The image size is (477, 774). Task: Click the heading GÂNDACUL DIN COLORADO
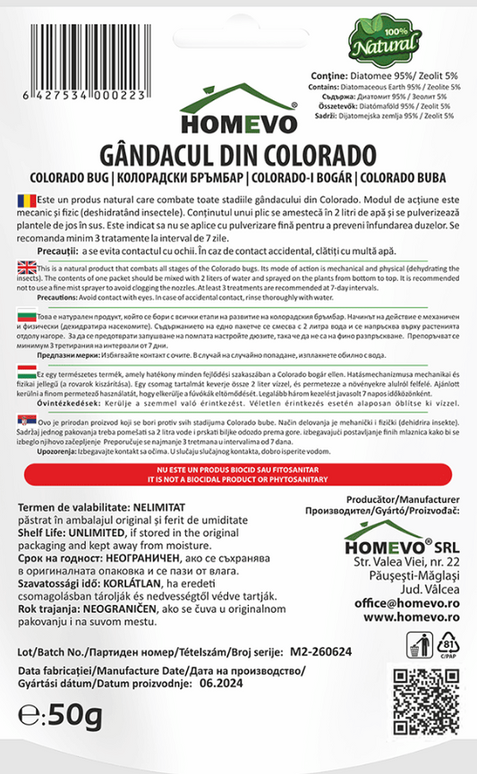coord(238,148)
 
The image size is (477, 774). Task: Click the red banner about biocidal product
coord(238,473)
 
